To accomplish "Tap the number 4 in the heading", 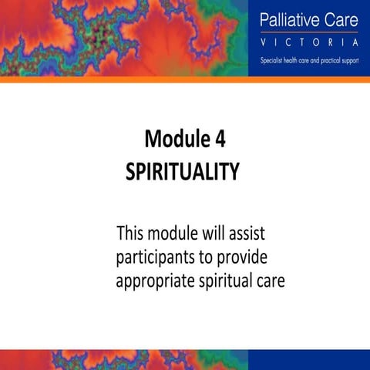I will point(217,140).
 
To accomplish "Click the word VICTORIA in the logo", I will point(309,41).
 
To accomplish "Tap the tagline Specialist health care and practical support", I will point(309,59).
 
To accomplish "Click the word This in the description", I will point(131,232).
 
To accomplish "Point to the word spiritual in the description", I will point(227,281).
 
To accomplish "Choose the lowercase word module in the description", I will point(172,232).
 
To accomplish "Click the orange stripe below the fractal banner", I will point(123,79).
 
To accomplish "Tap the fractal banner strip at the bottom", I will point(123,360).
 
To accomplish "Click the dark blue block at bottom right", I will point(309,360).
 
